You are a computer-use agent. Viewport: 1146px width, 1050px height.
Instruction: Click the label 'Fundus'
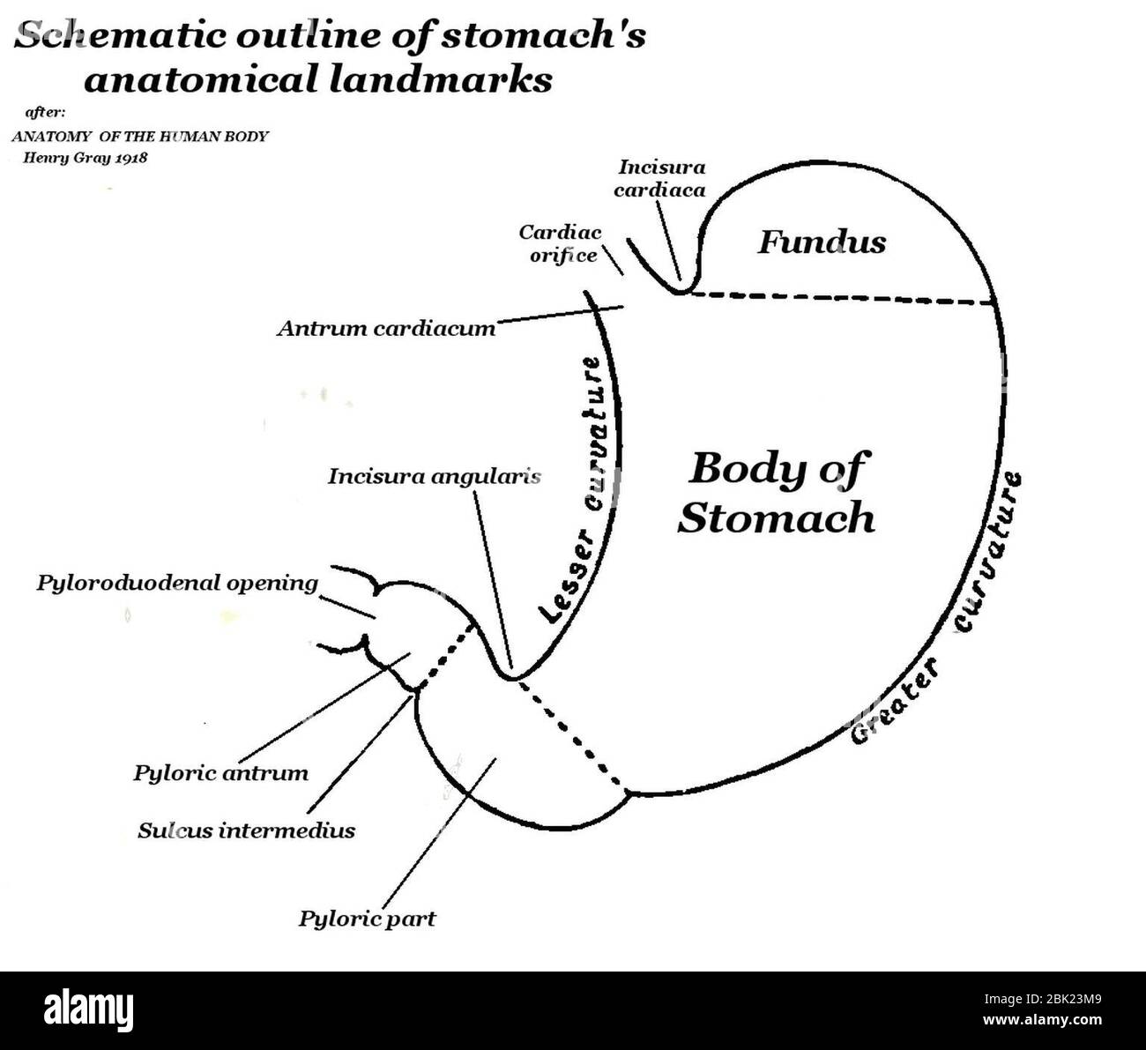click(x=822, y=242)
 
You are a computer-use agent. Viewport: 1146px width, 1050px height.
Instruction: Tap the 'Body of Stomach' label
click(x=776, y=492)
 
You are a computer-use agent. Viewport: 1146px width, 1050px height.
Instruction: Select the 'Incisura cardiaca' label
click(x=661, y=177)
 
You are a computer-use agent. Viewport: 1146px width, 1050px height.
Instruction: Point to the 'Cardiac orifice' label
click(x=561, y=244)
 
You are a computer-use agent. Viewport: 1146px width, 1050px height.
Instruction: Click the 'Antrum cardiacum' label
click(x=386, y=329)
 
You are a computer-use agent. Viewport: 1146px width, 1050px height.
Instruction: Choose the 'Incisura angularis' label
click(x=434, y=477)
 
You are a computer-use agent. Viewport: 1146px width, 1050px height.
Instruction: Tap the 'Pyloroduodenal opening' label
click(x=177, y=583)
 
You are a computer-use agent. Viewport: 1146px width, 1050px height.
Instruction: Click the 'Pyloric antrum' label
click(x=221, y=773)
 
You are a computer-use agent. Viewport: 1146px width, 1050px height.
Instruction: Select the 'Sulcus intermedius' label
click(x=246, y=830)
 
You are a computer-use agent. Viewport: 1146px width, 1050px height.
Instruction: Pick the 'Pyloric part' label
click(x=367, y=919)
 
